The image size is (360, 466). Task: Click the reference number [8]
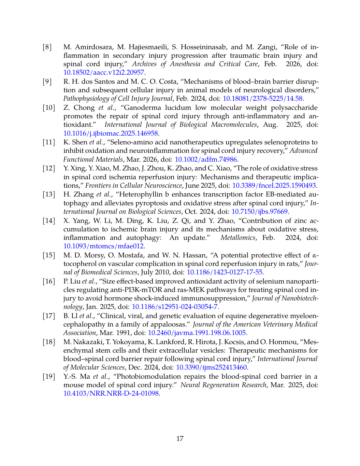(47, 47)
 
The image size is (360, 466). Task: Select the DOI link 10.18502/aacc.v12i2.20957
(104, 73)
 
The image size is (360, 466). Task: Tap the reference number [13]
(49, 195)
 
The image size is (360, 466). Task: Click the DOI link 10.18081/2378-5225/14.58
(263, 98)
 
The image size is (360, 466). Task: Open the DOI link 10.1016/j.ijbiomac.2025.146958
(110, 133)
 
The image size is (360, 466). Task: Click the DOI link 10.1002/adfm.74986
(206, 159)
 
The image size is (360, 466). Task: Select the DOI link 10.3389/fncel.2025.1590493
(274, 185)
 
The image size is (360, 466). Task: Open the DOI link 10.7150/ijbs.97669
(259, 211)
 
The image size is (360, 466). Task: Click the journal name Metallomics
(238, 238)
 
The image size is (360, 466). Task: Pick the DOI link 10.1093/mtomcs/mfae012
(103, 246)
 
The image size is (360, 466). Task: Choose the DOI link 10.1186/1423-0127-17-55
(225, 272)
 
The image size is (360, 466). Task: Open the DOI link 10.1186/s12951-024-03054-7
(174, 307)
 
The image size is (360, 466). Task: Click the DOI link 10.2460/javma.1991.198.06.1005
(197, 333)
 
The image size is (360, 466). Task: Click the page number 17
(180, 439)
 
